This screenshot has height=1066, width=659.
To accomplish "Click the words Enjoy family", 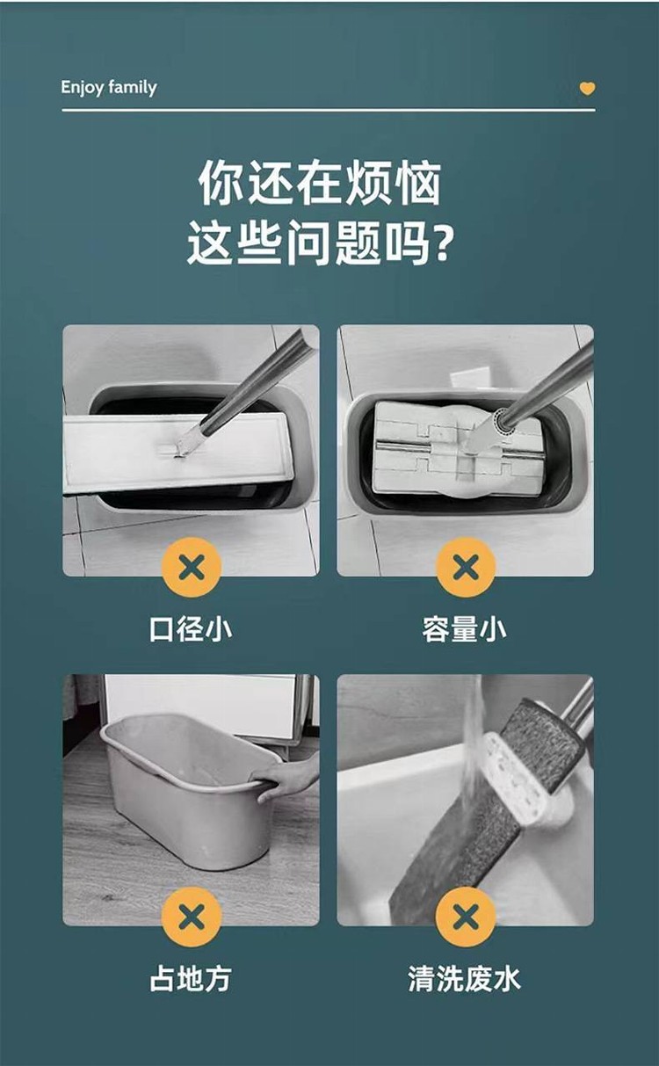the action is point(109,88).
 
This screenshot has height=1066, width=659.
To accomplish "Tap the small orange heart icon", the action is point(587,89).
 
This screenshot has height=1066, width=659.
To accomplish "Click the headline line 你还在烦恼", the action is point(320,183).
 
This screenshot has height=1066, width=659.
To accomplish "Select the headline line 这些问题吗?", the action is point(319,243).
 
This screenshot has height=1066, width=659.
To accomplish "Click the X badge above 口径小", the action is point(192,567).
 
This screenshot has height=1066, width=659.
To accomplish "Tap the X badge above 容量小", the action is point(466,567).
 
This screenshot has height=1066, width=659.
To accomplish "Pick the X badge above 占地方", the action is point(192,917).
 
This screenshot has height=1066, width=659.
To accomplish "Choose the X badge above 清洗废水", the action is point(466,917).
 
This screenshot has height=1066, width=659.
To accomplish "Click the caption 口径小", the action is point(191,629).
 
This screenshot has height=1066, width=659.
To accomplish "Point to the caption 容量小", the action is point(465,629).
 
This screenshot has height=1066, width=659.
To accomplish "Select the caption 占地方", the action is point(191,979).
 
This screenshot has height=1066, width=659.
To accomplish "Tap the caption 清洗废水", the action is point(465,979).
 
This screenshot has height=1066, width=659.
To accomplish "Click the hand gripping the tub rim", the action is point(286,779).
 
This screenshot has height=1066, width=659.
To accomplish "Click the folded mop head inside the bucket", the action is point(457,447).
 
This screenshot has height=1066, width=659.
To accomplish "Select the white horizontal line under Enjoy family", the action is point(329,110).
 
